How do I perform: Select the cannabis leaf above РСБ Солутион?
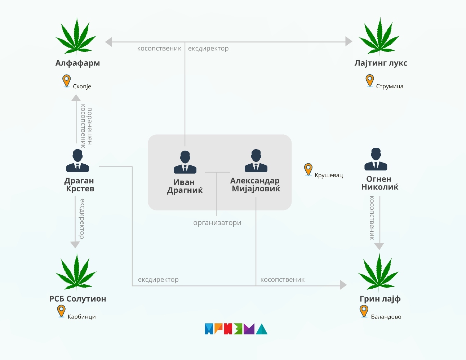(x=76, y=272)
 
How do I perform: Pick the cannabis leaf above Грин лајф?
(x=378, y=272)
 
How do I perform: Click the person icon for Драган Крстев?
(x=77, y=161)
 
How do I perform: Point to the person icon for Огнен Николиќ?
(x=376, y=159)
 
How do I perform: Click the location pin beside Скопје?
(x=66, y=81)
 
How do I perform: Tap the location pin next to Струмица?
(x=369, y=80)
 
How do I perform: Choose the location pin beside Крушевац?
(x=308, y=169)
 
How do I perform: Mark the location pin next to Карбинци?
(x=61, y=311)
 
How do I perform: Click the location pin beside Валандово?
(x=364, y=311)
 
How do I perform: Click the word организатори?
(x=217, y=223)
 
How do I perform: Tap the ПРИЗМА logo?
(x=236, y=329)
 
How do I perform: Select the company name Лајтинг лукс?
(x=381, y=63)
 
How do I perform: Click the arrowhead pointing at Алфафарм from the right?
(x=108, y=42)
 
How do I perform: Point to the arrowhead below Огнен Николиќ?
(x=379, y=246)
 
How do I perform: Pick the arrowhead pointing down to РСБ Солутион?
(x=75, y=245)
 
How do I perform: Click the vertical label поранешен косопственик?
(x=86, y=126)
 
